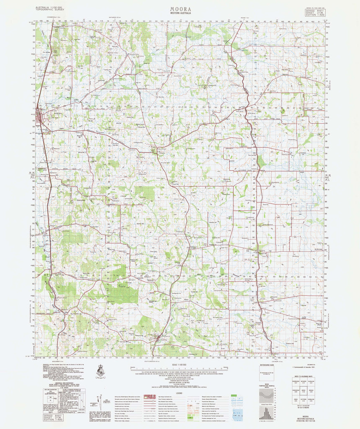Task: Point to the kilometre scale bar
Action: point(180,369)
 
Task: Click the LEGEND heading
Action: point(179,393)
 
